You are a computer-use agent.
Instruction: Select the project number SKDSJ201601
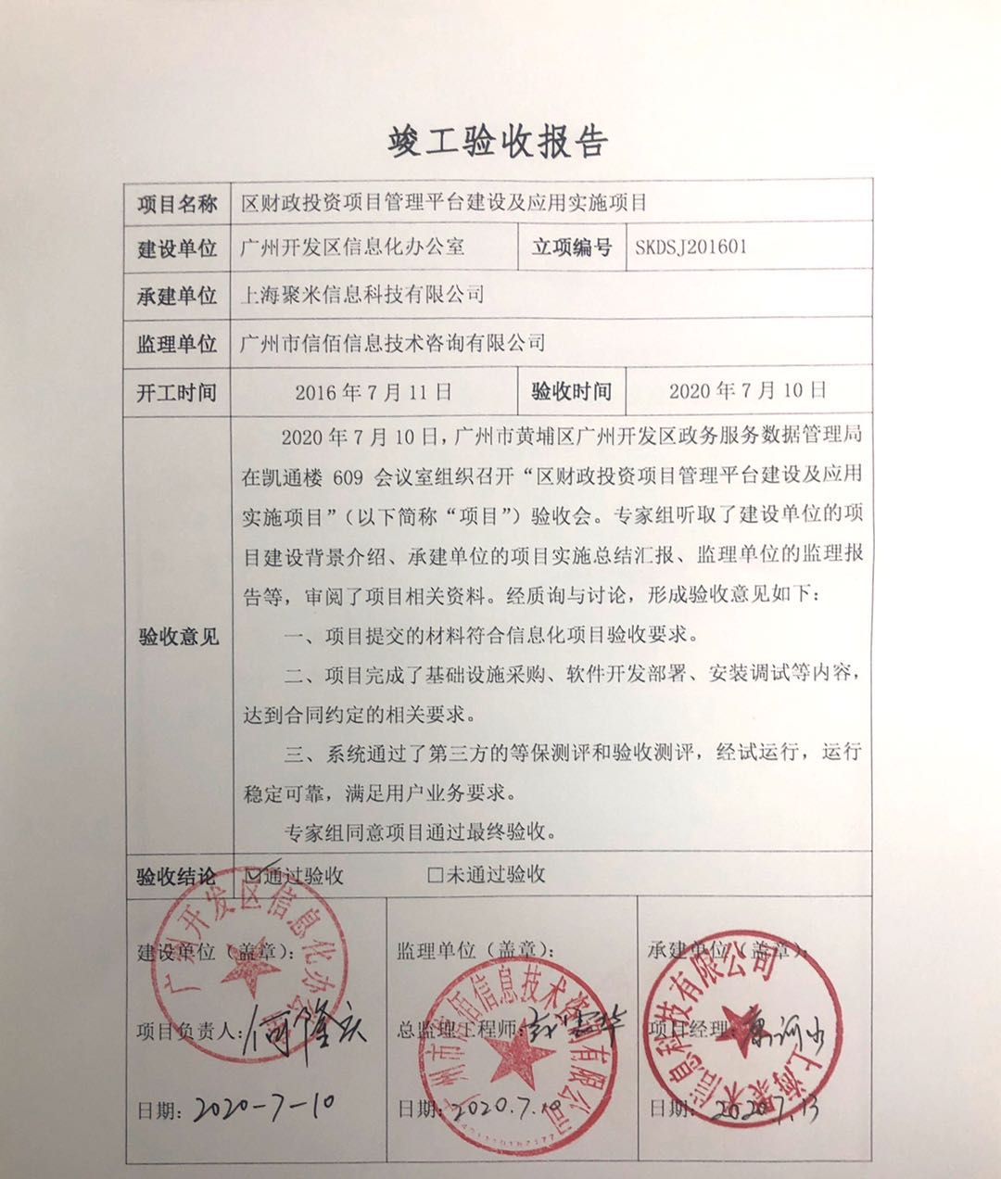[x=691, y=247]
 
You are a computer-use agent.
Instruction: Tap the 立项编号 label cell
[x=571, y=247]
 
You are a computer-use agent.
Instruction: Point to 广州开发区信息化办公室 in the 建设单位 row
[x=351, y=247]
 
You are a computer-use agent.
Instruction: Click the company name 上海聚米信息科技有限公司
[x=361, y=296]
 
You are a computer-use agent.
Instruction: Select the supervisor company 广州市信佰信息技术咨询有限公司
[x=392, y=344]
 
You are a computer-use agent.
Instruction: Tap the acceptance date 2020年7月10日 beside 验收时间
[x=747, y=391]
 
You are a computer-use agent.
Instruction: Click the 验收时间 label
[x=571, y=392]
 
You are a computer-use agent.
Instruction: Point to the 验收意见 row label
[x=177, y=637]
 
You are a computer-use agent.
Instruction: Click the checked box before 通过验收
[x=251, y=874]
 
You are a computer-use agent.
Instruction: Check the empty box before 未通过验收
[x=435, y=874]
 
